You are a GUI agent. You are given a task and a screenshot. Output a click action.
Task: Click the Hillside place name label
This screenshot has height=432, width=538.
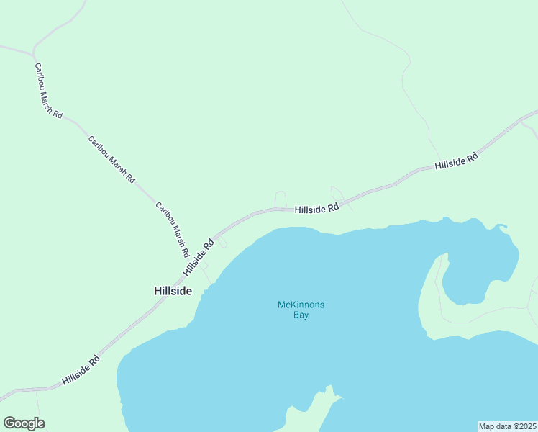tap(173, 291)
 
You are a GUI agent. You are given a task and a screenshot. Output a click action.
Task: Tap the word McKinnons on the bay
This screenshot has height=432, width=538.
tap(301, 305)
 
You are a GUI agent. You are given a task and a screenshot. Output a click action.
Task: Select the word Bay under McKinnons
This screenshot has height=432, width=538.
tap(301, 315)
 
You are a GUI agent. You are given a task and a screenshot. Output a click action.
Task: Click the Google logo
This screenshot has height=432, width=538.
tap(24, 423)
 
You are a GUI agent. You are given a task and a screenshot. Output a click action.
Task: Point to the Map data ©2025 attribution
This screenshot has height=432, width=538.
tap(508, 426)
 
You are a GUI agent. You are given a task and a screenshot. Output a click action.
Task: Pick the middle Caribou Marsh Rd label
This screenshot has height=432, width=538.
tap(111, 159)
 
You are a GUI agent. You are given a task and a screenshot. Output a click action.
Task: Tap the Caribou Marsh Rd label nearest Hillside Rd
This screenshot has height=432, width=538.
tap(172, 230)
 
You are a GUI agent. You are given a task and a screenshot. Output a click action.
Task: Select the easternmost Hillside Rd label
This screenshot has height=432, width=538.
tap(456, 161)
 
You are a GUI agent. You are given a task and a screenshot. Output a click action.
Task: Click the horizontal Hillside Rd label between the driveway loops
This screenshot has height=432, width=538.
tap(316, 209)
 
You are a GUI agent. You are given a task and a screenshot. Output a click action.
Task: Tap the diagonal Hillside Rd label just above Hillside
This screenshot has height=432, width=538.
tap(199, 257)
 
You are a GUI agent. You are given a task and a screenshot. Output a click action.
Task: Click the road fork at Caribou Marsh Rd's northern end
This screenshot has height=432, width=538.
tap(33, 53)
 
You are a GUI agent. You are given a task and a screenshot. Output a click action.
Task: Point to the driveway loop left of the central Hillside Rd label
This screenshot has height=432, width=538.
tap(281, 198)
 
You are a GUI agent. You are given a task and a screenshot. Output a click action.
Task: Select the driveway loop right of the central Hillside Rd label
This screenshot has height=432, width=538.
tap(337, 194)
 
